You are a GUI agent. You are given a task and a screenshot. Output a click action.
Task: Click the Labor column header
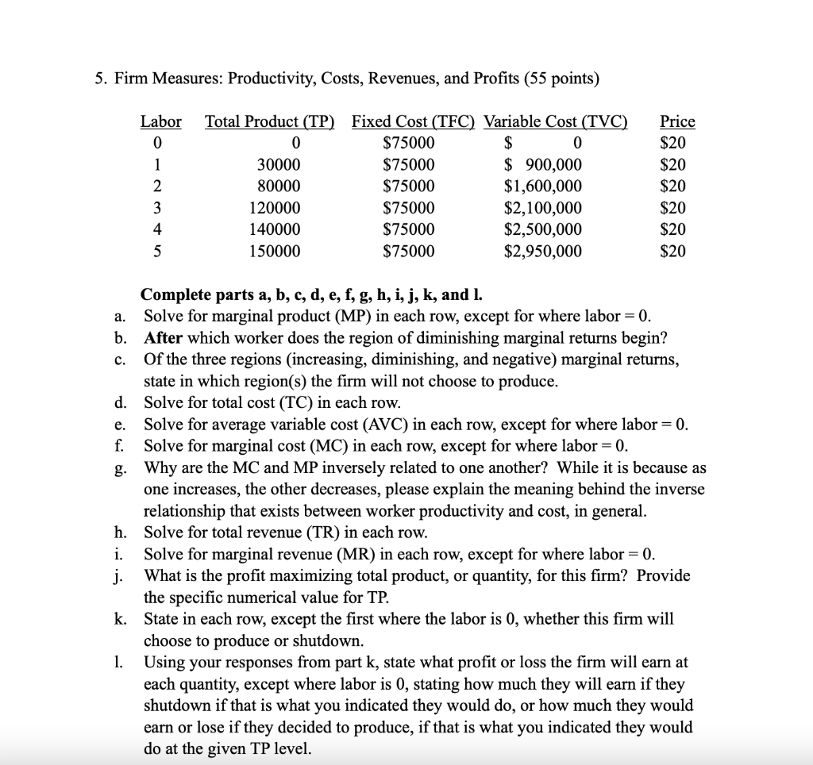[160, 121]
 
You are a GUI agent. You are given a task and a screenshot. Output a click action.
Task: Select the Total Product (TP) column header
[269, 121]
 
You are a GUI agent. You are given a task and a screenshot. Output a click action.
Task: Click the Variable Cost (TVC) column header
[556, 121]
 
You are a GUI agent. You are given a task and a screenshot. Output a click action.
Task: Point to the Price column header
[677, 121]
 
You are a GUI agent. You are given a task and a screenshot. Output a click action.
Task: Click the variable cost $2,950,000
[543, 252]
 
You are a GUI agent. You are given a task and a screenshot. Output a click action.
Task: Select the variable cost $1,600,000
[543, 186]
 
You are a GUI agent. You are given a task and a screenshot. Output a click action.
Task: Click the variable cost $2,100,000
[543, 208]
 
